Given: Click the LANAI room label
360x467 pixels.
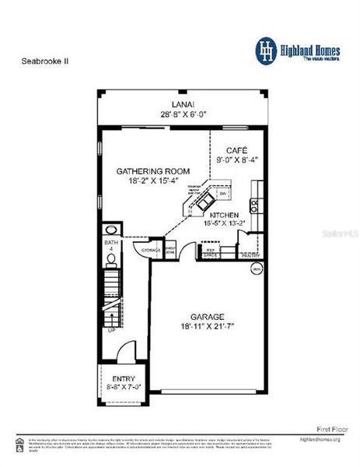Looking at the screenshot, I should tap(183, 104).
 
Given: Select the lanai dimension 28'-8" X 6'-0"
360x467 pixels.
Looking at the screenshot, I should tap(183, 113).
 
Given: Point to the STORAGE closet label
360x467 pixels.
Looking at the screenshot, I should tap(151, 250).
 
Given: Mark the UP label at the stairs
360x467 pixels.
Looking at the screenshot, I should tap(111, 330).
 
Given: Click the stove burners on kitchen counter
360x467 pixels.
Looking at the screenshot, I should tap(255, 205).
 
